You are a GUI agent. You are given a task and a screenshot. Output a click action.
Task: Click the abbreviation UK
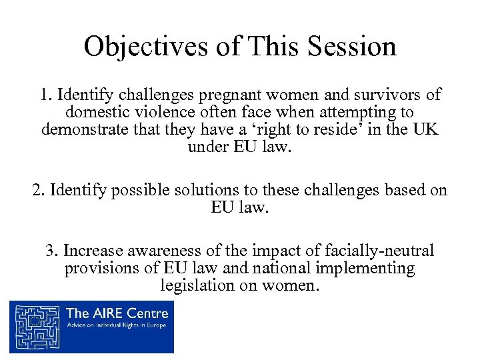click(x=424, y=129)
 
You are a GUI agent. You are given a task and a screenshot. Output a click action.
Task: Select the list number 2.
click(x=38, y=191)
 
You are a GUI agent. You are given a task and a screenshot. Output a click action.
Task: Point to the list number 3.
click(x=51, y=251)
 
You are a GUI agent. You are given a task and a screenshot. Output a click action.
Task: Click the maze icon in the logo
click(x=38, y=326)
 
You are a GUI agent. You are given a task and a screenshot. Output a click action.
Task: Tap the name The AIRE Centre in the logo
click(x=117, y=313)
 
